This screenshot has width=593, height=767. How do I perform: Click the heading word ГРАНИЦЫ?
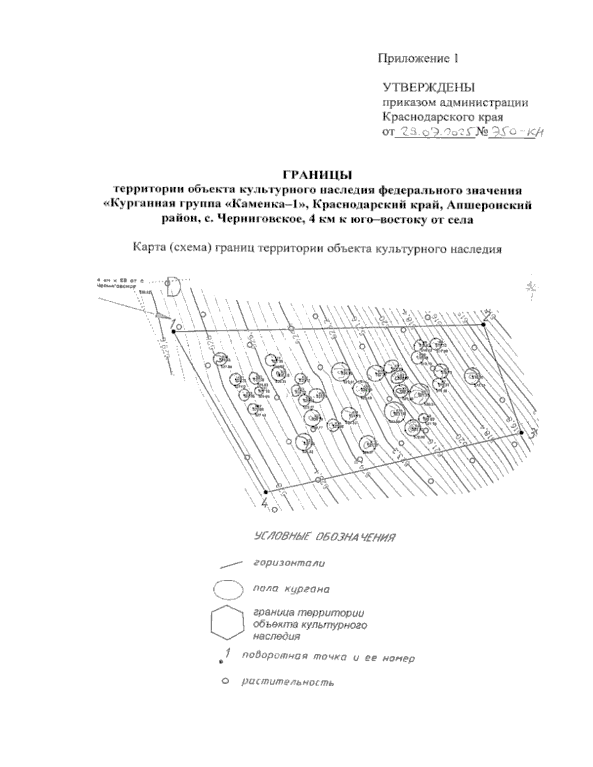coord(317,175)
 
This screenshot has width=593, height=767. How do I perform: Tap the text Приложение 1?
coord(419,59)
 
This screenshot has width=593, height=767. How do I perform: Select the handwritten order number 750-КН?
coord(514,132)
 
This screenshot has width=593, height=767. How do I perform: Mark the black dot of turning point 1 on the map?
coord(174,332)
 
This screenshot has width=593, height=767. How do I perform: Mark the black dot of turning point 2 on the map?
coord(483,324)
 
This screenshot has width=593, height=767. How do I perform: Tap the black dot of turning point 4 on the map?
coord(266,492)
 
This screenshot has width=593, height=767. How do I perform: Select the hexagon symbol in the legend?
coord(227,623)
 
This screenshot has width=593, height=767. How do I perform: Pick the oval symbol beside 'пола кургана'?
coord(228,590)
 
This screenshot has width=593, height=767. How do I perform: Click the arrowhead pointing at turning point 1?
coord(159,314)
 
